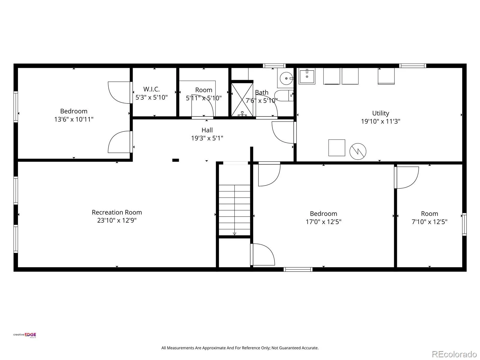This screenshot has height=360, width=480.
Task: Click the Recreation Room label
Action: [117, 212]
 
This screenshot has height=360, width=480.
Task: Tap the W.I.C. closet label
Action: [151, 89]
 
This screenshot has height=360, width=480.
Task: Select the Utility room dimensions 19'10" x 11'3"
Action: [380, 121]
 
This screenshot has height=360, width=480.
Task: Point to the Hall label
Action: [207, 130]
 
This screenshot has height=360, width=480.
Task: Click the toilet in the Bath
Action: [283, 95]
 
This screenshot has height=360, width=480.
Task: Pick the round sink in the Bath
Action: [286, 78]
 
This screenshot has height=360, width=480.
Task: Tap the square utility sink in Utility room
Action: [307, 76]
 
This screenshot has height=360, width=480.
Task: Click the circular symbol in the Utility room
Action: [358, 151]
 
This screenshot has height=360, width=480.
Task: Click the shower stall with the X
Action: [242, 100]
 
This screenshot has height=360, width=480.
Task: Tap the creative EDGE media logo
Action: [25, 335]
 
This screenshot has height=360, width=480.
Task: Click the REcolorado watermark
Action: [454, 354]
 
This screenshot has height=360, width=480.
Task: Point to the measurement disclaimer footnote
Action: [240, 348]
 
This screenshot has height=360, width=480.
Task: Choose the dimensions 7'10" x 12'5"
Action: [430, 222]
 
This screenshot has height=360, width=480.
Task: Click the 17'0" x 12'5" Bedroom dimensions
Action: [323, 222]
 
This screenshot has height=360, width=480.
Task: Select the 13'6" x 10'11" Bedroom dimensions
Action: [74, 119]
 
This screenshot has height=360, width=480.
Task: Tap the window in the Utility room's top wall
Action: [412, 66]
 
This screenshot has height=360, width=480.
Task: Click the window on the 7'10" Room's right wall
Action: [464, 224]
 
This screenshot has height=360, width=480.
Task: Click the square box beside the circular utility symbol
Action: [337, 148]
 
